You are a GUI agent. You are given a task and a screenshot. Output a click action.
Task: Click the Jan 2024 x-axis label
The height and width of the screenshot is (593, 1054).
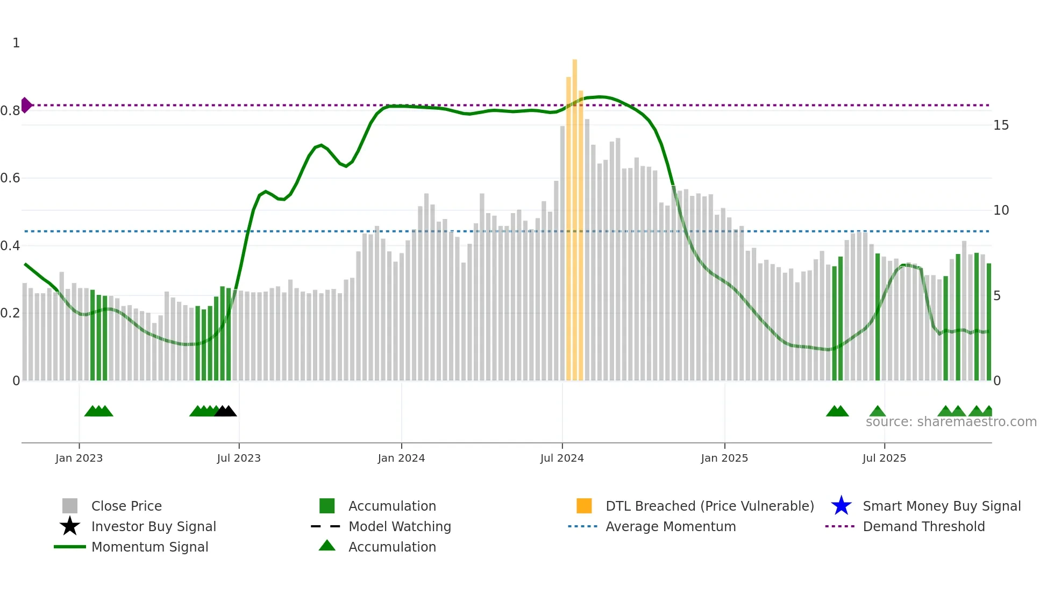point(401,458)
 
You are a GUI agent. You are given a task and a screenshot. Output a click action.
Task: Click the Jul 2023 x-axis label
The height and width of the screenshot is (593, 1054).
point(239,458)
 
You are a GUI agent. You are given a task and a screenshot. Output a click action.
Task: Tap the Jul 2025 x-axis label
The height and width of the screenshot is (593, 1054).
point(884,458)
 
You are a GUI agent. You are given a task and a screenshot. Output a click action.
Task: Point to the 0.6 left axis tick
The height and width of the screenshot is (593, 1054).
point(10,178)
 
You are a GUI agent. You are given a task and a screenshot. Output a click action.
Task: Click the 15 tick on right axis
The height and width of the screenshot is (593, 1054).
point(1001,125)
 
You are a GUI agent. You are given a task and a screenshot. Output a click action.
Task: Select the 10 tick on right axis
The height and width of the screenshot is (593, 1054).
point(1001,210)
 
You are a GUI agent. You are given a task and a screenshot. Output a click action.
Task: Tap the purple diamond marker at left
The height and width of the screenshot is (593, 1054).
point(26,105)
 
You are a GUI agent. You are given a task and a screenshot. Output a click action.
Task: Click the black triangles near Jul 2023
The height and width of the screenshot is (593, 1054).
point(225,411)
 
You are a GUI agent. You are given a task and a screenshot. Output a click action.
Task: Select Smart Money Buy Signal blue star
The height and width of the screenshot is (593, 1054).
point(841,506)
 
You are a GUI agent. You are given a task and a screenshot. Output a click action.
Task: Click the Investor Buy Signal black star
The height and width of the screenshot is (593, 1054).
point(70,526)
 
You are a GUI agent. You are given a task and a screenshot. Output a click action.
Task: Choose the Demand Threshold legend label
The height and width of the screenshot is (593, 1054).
point(923,526)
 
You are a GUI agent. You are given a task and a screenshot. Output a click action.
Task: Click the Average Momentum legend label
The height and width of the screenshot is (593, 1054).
point(670,526)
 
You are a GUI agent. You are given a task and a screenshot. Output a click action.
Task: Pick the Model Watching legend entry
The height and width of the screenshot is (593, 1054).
point(399,526)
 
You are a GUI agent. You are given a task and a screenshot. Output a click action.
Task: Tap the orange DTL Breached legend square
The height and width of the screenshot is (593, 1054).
point(583,506)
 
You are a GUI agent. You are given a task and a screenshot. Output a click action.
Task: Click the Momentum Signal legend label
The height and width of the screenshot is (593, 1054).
point(149,547)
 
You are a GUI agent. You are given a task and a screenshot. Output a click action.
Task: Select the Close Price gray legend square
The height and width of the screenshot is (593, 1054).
point(70,506)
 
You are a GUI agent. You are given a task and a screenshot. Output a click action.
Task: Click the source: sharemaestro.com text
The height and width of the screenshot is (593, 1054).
point(951,422)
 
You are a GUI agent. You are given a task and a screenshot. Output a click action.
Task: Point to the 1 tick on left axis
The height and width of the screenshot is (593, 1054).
point(16,43)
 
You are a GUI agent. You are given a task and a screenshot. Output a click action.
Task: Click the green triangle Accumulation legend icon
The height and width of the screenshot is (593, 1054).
point(327,546)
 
